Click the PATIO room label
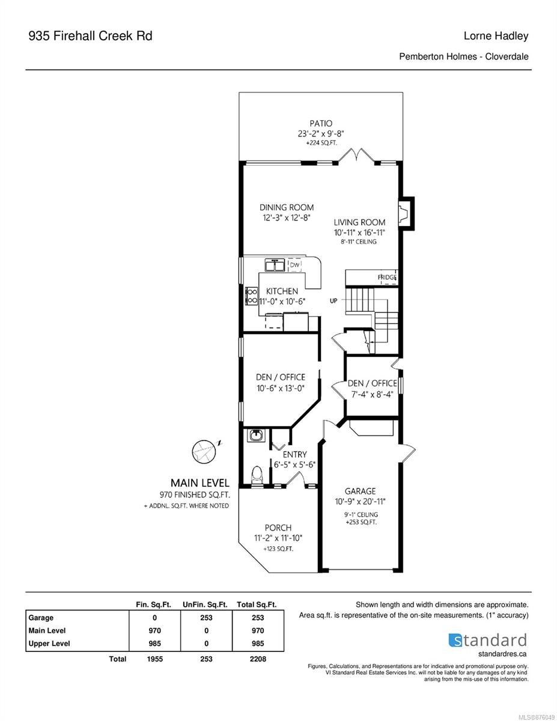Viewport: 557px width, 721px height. pos(321,123)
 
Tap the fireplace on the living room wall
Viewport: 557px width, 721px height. pos(406,213)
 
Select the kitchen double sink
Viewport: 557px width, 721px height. pos(275,266)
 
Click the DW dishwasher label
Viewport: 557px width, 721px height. pos(294,265)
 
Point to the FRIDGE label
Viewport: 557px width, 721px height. pos(387,277)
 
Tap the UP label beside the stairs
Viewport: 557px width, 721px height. pos(333,301)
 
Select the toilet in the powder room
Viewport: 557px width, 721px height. pos(257,476)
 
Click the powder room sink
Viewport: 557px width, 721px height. pos(256,435)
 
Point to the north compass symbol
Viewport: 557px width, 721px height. pos(204,452)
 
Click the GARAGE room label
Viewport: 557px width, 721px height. pos(360,491)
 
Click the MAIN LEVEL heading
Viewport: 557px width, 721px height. pos(199,482)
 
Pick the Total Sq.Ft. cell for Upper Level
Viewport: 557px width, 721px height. pos(258,643)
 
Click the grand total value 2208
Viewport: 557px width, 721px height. pos(258,659)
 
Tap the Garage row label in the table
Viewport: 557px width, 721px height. pos(41,618)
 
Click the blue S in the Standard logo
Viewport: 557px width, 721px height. pos(455,640)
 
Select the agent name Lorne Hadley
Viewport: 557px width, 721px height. pos(496,36)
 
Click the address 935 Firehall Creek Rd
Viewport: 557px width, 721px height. pos(90,36)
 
